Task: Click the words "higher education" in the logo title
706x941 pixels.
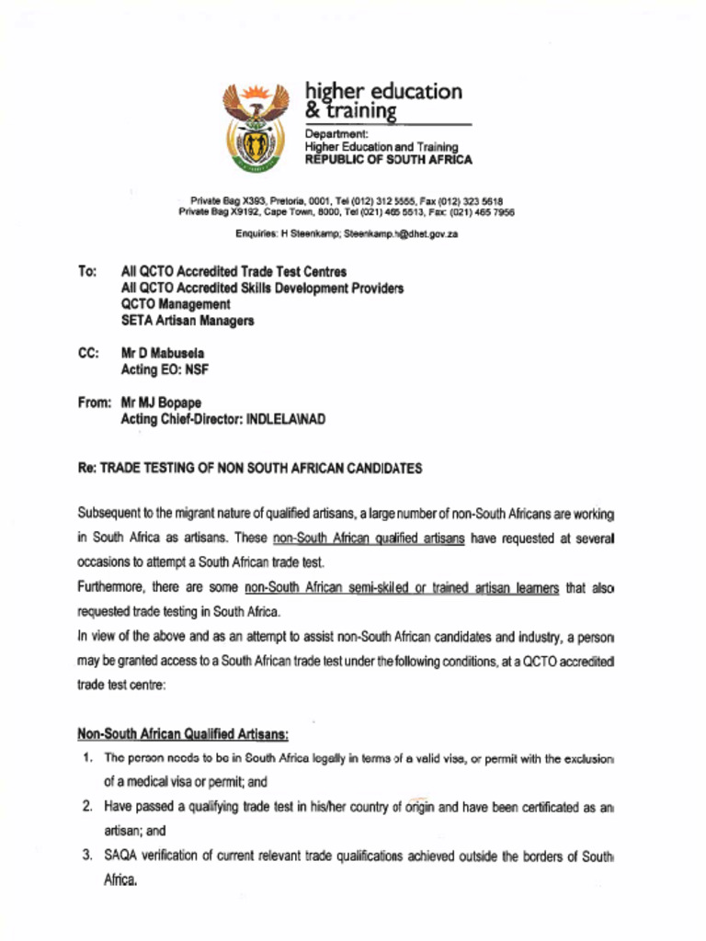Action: (383, 92)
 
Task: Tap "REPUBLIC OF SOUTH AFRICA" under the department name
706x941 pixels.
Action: (388, 160)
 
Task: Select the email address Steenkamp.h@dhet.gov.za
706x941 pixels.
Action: (401, 234)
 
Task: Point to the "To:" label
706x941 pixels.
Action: (87, 272)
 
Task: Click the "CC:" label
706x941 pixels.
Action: (89, 353)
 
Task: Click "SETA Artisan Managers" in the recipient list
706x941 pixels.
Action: (188, 321)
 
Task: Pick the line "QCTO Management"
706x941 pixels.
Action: (176, 304)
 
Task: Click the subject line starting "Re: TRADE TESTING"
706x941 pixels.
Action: (250, 468)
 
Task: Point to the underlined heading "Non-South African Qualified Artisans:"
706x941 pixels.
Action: (183, 734)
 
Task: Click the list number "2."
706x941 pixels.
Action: (87, 807)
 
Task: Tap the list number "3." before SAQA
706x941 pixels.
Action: (87, 856)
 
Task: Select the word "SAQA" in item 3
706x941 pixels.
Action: (120, 856)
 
